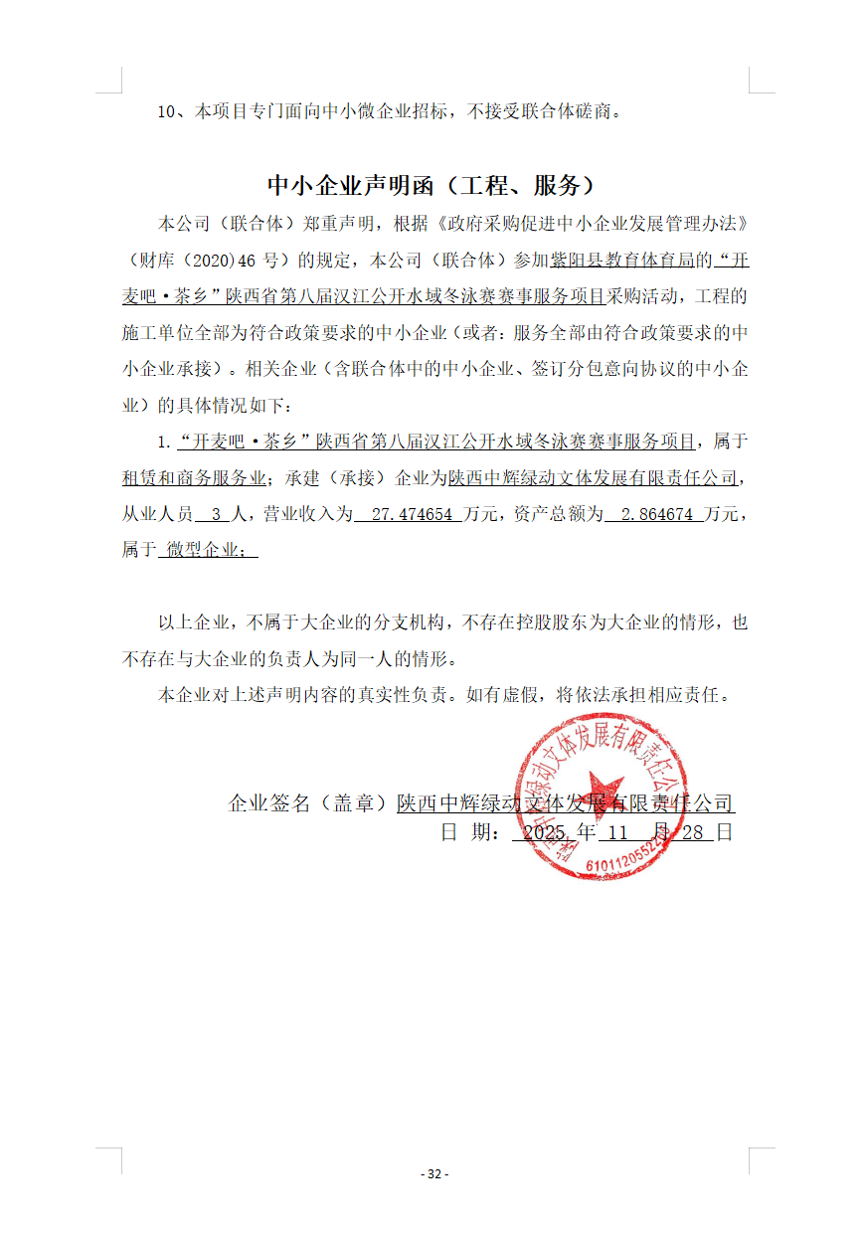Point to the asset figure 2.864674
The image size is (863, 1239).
click(656, 514)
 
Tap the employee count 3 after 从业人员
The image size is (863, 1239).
click(216, 514)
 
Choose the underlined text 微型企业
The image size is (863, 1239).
click(207, 549)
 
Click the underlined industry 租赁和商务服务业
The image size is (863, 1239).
click(194, 477)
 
